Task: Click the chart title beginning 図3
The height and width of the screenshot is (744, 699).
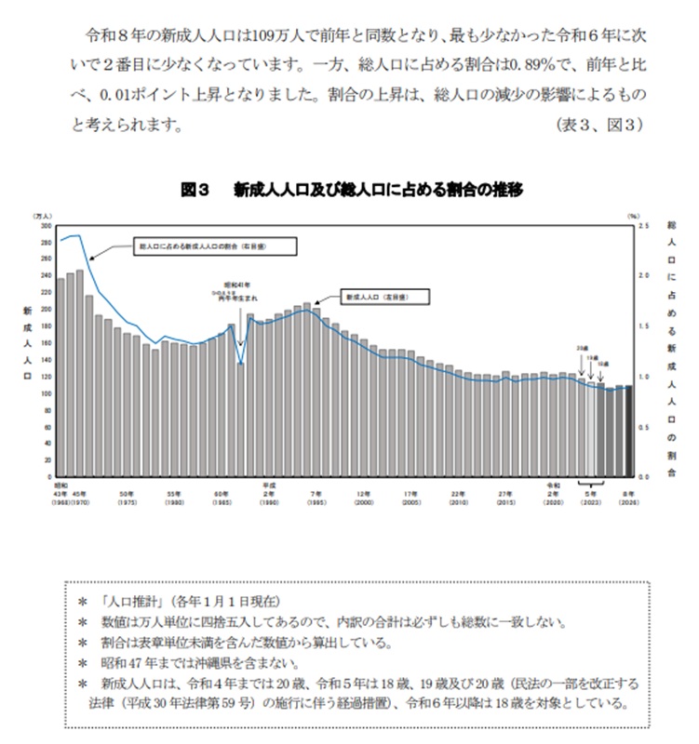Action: [351, 190]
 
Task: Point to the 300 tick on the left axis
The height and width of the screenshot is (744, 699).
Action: [47, 226]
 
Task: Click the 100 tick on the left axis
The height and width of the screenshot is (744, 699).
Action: [47, 392]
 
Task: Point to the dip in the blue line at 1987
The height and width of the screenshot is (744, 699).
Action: [240, 362]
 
